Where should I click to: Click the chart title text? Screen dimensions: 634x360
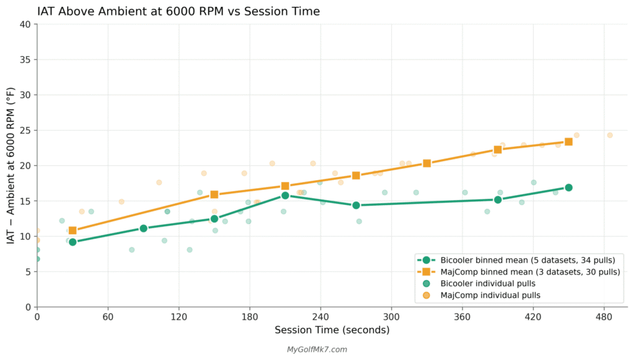click(178, 11)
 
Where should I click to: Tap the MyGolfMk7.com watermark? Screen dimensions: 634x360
click(317, 349)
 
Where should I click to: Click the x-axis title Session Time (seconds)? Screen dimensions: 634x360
click(332, 330)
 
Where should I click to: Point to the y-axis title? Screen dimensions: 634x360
click(11, 165)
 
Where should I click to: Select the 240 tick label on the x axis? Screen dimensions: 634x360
click(321, 317)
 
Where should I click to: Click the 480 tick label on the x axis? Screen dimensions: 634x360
click(604, 317)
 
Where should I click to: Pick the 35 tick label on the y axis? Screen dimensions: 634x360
click(25, 59)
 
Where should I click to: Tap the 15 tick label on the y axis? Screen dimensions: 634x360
click(25, 201)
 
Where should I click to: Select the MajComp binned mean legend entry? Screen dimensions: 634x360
click(518, 272)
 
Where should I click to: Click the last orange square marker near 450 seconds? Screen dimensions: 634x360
click(568, 142)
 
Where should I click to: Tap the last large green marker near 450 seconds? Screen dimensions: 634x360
click(568, 188)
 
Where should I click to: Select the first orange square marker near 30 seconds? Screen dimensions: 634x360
click(72, 230)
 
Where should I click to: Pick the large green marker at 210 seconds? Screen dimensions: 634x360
click(285, 195)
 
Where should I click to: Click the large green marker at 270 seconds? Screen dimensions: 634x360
click(356, 206)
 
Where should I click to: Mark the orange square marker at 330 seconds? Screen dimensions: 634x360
click(427, 164)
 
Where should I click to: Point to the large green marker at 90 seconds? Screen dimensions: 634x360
click(143, 229)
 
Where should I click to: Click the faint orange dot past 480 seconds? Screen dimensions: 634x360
click(610, 135)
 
